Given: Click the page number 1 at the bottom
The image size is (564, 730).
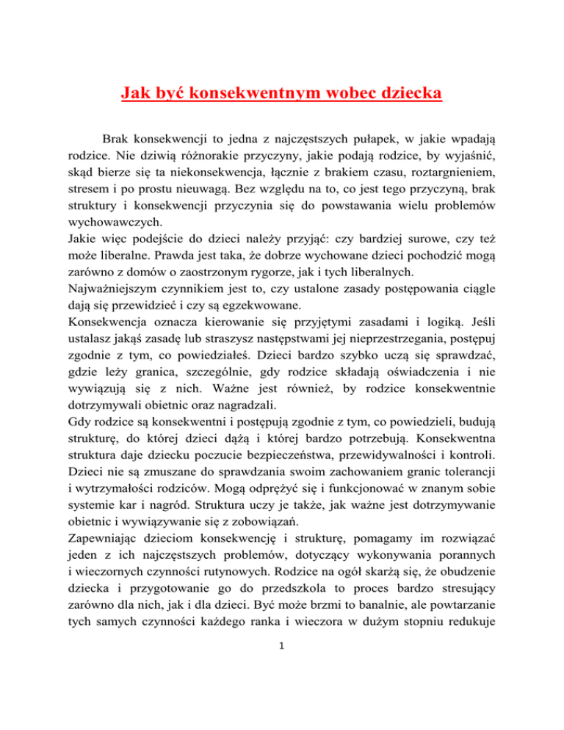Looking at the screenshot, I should coord(282,711).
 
